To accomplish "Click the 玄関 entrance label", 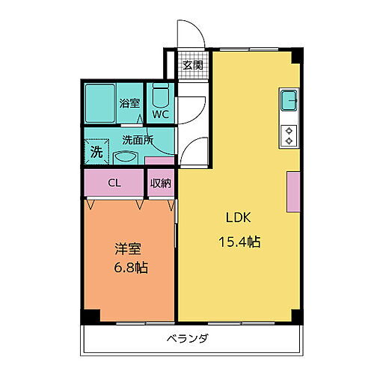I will pyautogui.click(x=192, y=65).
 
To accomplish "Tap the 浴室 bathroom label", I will pyautogui.click(x=129, y=103).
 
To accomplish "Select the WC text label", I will pyautogui.click(x=161, y=114).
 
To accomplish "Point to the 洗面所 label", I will pyautogui.click(x=138, y=139).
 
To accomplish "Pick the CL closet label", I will pyautogui.click(x=114, y=182).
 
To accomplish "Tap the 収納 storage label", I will pyautogui.click(x=159, y=182).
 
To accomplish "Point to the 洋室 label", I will pyautogui.click(x=126, y=249).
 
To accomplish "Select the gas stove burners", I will pyautogui.click(x=288, y=134).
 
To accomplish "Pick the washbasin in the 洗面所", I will pyautogui.click(x=126, y=156).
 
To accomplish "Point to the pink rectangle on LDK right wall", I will pyautogui.click(x=292, y=191).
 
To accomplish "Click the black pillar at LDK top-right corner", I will pyautogui.click(x=298, y=56).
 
